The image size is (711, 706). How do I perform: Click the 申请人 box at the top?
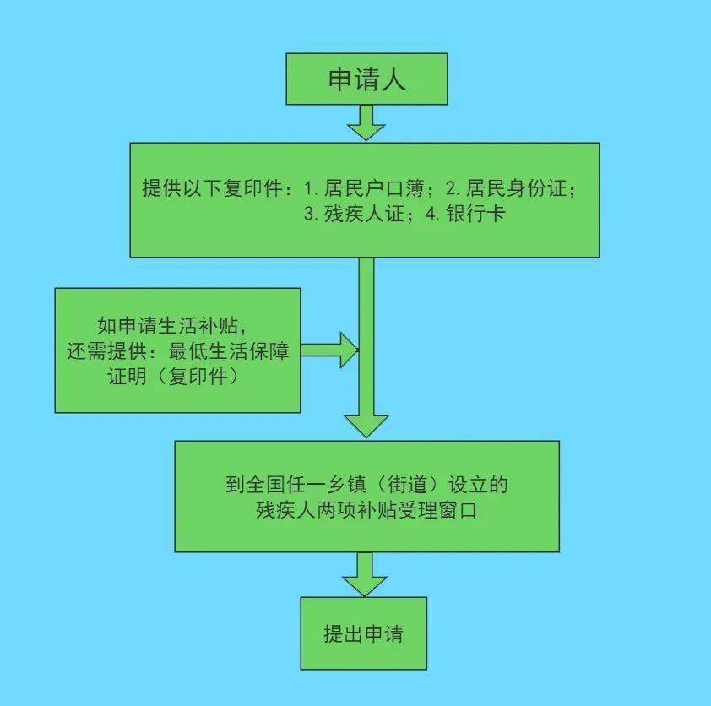click(x=366, y=79)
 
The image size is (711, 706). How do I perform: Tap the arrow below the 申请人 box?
click(x=366, y=125)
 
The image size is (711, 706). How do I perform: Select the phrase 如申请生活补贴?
click(x=176, y=326)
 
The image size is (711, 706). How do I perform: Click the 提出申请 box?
click(x=364, y=633)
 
